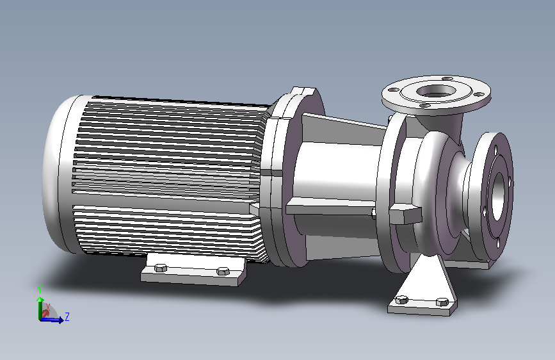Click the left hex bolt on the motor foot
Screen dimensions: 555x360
(161, 268)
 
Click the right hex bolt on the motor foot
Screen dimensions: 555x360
(223, 272)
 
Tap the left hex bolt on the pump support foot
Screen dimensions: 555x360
(401, 300)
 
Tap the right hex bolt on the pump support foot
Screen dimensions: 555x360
(442, 302)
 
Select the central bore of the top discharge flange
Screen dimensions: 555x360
(436, 91)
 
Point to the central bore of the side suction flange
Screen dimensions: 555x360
(498, 196)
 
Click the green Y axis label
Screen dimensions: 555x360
(40, 290)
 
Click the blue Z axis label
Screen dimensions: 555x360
(67, 316)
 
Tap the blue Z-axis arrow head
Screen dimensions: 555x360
(61, 320)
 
